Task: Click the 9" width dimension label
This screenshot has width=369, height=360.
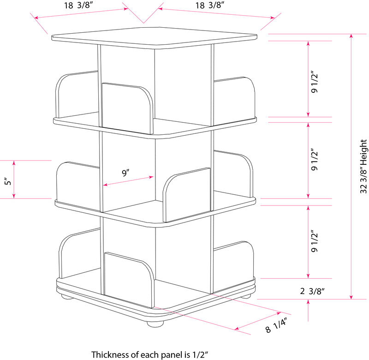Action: point(125,174)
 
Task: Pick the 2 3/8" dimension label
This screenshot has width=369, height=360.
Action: point(313,291)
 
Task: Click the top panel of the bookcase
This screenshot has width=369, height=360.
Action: point(155,41)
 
